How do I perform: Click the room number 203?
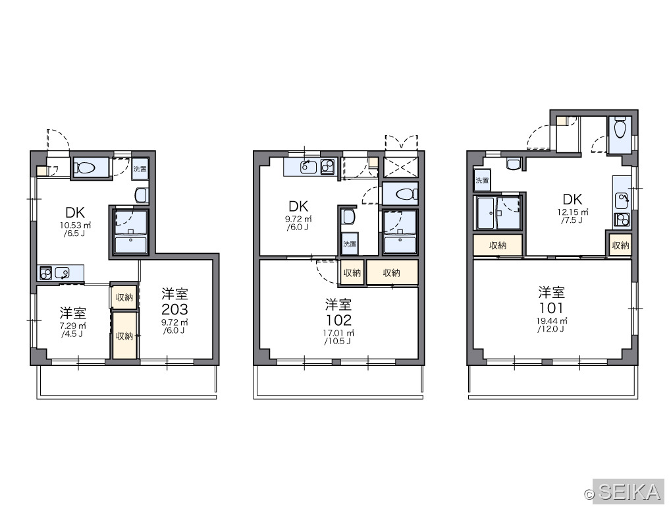point(174,309)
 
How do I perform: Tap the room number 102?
point(338,320)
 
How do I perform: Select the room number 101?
point(551,308)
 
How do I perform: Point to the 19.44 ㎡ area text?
point(552,321)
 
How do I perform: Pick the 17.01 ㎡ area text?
point(338,333)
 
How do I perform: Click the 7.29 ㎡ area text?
point(73,326)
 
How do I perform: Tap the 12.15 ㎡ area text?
point(573,212)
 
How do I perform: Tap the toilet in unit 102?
point(406,195)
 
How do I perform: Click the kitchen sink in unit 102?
point(308,166)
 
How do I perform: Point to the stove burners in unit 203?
point(45,273)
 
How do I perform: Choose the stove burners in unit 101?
point(621,220)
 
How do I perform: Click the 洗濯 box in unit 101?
point(482,180)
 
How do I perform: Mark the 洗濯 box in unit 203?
point(140,169)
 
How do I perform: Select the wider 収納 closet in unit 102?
point(392,272)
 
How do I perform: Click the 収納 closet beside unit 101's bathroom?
point(498,245)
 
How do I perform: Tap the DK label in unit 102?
point(298,206)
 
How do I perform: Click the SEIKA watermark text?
point(629,491)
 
